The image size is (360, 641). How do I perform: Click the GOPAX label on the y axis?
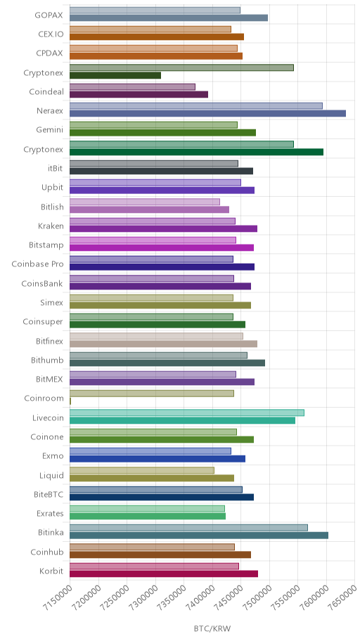point(49,15)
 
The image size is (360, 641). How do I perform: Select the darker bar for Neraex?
point(208,113)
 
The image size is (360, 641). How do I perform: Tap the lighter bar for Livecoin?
point(187,413)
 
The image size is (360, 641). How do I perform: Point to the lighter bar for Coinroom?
point(152,394)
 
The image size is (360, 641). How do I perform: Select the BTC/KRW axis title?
point(212,628)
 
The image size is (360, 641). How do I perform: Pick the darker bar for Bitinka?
point(199,536)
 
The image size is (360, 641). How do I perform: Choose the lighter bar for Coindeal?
point(133,87)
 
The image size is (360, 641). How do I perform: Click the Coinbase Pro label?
point(38,264)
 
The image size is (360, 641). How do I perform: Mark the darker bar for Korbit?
point(164,574)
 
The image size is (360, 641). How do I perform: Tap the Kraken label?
point(51,226)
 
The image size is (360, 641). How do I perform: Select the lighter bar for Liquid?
point(142,470)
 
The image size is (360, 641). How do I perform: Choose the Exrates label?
point(50,514)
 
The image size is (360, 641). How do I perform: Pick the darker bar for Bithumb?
point(167,363)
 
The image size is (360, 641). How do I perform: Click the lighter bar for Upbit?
point(155,183)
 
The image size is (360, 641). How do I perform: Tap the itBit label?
point(56,168)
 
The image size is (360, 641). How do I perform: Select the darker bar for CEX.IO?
point(157,37)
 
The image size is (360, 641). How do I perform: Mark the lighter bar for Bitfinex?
point(156,336)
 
